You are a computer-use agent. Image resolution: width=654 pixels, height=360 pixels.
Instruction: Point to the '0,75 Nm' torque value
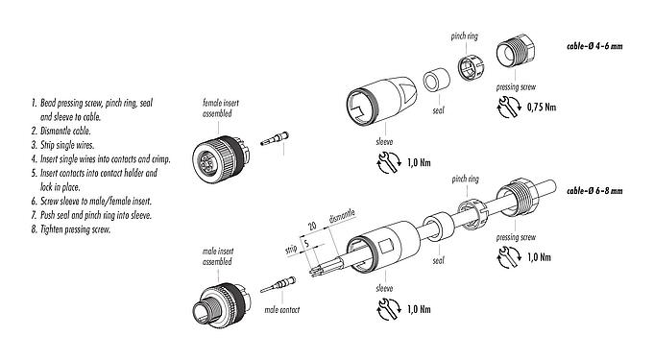coord(545,108)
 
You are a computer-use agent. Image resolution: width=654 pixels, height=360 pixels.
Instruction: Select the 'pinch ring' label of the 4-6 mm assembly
coord(463,36)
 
